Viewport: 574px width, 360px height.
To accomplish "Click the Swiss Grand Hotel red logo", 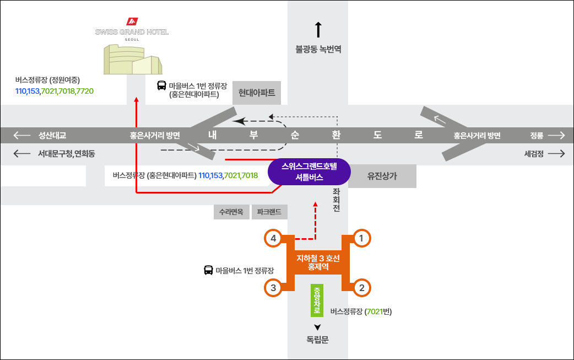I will [x=132, y=22].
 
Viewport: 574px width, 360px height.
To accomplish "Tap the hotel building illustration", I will [x=133, y=60].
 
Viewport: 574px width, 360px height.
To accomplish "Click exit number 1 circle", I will [x=361, y=238].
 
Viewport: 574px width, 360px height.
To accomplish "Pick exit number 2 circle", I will [x=361, y=287].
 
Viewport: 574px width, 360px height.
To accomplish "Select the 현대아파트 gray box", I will [x=257, y=92].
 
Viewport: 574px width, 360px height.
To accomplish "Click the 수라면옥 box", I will [x=231, y=212].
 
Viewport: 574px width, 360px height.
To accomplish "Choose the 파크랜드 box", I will [x=269, y=212].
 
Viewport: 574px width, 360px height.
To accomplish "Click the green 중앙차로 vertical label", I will [x=317, y=300].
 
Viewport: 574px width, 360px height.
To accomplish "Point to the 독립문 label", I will [x=317, y=340].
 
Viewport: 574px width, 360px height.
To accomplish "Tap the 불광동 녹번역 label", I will [x=318, y=49].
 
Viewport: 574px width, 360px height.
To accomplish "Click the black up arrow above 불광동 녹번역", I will [x=318, y=30].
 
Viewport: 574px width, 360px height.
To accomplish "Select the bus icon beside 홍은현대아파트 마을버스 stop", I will [x=162, y=85].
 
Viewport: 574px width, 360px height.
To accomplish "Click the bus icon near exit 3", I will [x=209, y=270].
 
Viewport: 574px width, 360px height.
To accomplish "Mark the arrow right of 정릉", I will [x=556, y=135].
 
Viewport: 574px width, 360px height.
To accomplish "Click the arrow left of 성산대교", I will [x=23, y=135].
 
